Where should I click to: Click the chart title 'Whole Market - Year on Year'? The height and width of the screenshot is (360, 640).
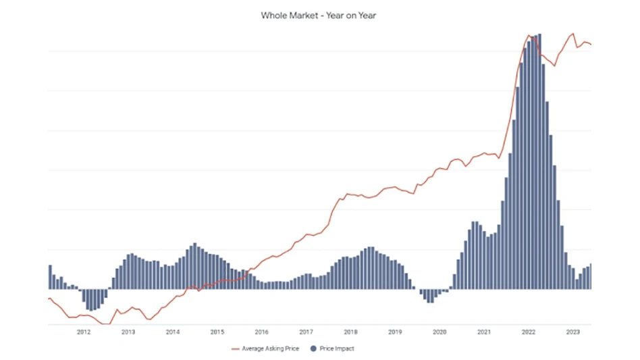(x=318, y=15)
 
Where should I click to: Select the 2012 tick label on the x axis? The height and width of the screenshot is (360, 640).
(x=84, y=332)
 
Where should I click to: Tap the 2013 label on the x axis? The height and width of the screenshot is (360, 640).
(x=128, y=332)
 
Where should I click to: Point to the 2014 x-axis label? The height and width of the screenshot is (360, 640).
(x=173, y=332)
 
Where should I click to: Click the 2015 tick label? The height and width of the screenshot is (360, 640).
(x=217, y=332)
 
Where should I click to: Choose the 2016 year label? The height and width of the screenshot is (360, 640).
(x=262, y=332)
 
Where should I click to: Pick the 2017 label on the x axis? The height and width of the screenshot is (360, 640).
(x=306, y=332)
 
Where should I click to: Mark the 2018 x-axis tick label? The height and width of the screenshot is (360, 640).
(x=351, y=332)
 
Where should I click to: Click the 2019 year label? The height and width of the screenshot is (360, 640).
(x=396, y=332)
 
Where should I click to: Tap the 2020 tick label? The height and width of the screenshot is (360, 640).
(x=439, y=332)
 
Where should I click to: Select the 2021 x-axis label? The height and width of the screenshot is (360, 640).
(x=484, y=332)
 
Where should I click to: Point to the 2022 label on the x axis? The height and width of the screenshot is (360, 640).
(x=529, y=332)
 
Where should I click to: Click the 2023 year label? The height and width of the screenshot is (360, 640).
(x=573, y=332)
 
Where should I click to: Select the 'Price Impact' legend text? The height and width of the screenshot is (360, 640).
(x=338, y=349)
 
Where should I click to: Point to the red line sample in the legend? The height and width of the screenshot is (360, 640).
(x=235, y=349)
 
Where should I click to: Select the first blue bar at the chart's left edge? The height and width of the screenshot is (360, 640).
(x=50, y=277)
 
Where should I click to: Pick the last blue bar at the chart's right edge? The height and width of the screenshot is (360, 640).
(x=590, y=276)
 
